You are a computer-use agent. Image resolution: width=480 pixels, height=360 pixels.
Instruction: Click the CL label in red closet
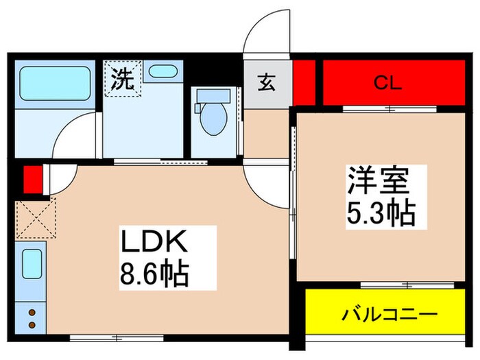pos(387,82)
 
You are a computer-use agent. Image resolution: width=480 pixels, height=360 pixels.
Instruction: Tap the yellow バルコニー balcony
pos(389,315)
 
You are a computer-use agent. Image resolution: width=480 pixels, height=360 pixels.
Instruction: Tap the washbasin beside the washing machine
pos(163,71)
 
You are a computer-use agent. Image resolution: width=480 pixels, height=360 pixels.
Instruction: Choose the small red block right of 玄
pos(306,82)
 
